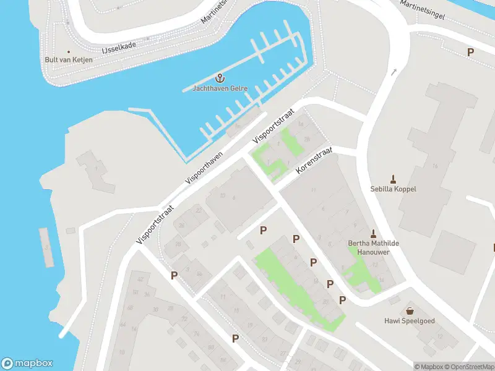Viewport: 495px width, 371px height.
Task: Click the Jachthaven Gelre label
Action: point(220,88)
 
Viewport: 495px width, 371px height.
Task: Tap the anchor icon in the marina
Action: point(219,78)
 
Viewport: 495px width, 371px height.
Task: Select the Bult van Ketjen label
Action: point(69,59)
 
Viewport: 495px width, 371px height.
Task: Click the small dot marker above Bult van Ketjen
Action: point(69,51)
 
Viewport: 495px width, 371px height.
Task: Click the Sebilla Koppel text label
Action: point(393,189)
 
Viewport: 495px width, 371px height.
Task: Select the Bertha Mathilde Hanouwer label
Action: point(373,248)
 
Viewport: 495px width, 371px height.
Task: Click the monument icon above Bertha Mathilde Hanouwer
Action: point(372,234)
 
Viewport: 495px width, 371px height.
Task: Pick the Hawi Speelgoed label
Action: point(409,321)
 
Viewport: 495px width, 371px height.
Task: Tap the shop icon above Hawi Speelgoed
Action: point(409,310)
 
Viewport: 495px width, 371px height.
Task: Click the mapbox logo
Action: point(27,364)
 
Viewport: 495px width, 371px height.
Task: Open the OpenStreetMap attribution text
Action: point(468,367)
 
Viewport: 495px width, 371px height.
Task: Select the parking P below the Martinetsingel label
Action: point(470,53)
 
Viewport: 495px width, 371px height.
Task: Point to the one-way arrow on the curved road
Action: point(394,73)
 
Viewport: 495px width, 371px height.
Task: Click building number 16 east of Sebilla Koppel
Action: point(435,166)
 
